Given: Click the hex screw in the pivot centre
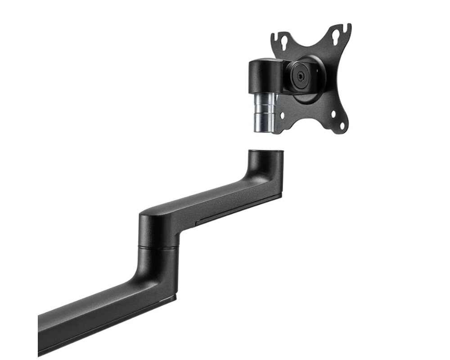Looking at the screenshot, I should click(x=300, y=76).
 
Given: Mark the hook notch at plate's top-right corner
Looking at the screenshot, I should click(x=346, y=28).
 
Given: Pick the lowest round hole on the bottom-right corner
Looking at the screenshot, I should click(x=341, y=126).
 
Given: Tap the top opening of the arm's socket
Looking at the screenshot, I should click(x=265, y=152).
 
